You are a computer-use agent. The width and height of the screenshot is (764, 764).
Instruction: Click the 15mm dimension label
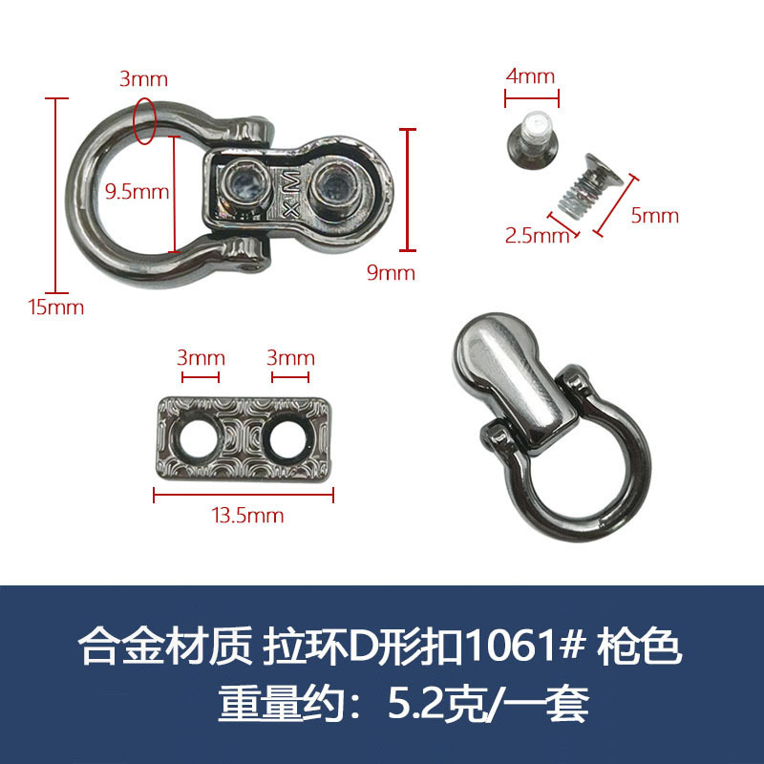55,308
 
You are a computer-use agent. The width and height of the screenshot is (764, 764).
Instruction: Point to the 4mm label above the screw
530,76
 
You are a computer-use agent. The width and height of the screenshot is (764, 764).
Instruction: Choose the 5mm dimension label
655,215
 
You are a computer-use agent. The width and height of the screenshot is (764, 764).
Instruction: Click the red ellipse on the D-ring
146,119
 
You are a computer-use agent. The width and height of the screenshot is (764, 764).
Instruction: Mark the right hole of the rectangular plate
286,436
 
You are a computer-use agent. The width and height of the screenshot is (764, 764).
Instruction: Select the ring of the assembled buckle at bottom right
563,477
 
